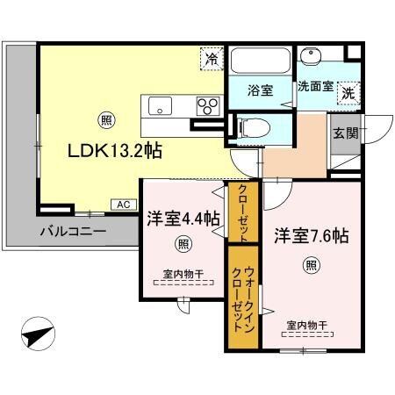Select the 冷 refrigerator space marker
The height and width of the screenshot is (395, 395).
(211, 59)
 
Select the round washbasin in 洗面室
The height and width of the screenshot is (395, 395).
(311, 56)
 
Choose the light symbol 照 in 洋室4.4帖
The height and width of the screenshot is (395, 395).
(182, 243)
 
